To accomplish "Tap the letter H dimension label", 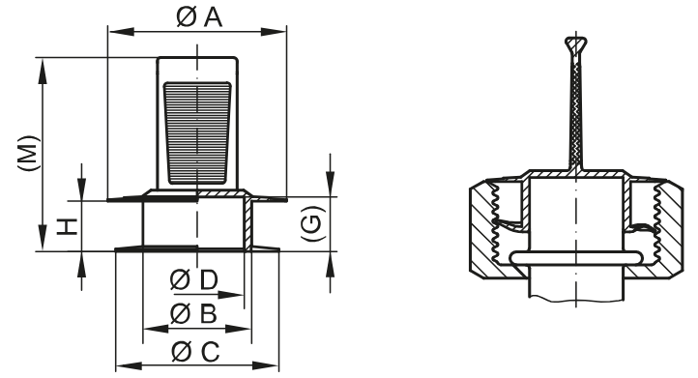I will pos(65,226).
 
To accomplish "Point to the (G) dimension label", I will pos(312,225).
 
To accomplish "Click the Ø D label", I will pos(192,281).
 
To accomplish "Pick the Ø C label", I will pos(192,350).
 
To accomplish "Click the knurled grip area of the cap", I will pos(197,132).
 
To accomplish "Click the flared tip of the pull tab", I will pos(575,43).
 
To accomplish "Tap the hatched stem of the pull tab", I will pos(578,116).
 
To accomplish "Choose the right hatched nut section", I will pos(665,227).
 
